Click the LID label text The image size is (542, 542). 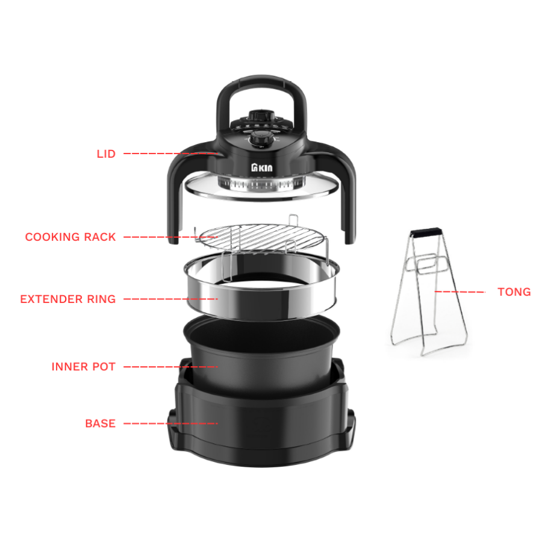tap(106, 154)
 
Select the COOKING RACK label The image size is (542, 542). tap(70, 237)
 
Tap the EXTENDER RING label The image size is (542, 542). tap(68, 299)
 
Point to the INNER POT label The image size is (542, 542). tap(84, 366)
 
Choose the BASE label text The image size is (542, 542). tap(100, 423)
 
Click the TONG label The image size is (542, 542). tap(514, 292)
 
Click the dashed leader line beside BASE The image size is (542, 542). tap(170, 423)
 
